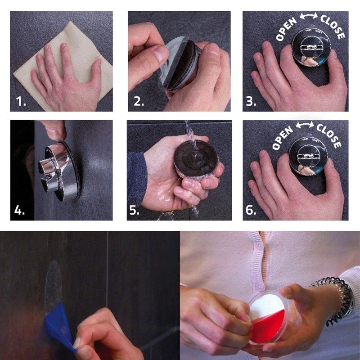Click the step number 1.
click(x=21, y=101)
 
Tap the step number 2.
click(x=139, y=101)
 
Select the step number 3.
click(x=251, y=101)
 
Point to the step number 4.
click(x=19, y=210)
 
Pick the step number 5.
click(x=134, y=210)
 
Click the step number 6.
click(x=251, y=210)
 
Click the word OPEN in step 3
click(x=286, y=29)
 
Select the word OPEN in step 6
click(x=283, y=138)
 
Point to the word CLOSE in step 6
click(x=329, y=136)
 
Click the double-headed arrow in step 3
click(x=309, y=16)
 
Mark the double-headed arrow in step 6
click(x=305, y=125)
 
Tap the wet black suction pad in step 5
click(x=196, y=158)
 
